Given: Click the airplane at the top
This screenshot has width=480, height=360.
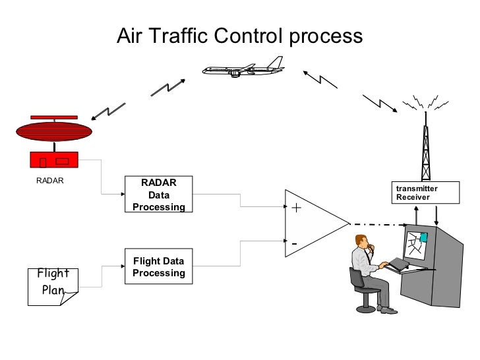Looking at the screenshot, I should point(242,67).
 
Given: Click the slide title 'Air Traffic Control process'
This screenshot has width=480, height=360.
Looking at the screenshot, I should point(239,36).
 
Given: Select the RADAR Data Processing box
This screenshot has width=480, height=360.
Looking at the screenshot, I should point(158,195).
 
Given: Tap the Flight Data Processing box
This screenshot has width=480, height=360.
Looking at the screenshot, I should point(158,266).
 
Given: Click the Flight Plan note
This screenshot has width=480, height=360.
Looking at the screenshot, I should point(53,286).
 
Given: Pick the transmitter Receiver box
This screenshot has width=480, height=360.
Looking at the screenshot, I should point(417,192).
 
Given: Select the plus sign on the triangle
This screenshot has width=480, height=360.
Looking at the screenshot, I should point(296,208).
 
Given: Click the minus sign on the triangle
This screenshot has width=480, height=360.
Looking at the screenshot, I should point(295,245).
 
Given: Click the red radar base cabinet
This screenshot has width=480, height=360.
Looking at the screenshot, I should point(55,160).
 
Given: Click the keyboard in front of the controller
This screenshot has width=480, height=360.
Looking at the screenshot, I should point(399,264).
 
